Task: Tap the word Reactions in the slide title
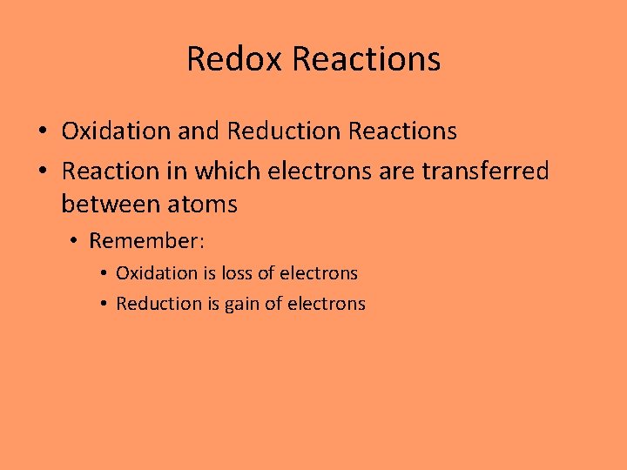pos(367,59)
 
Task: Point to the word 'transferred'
pos(485,171)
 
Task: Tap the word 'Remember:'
pos(147,240)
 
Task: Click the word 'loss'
pos(236,273)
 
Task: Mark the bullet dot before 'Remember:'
pos(76,241)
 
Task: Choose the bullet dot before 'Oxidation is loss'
pos(103,274)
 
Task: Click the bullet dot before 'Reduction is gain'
pos(103,305)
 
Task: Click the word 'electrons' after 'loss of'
pos(320,273)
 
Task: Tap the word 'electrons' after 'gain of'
pos(327,304)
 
